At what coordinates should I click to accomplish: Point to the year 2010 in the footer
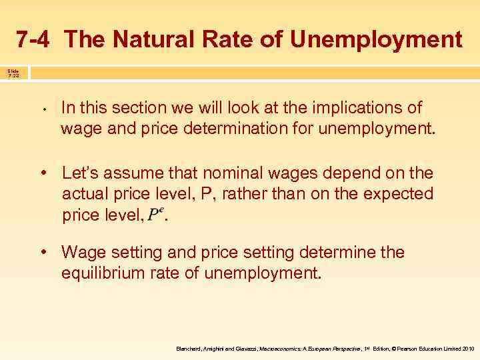(466, 349)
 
